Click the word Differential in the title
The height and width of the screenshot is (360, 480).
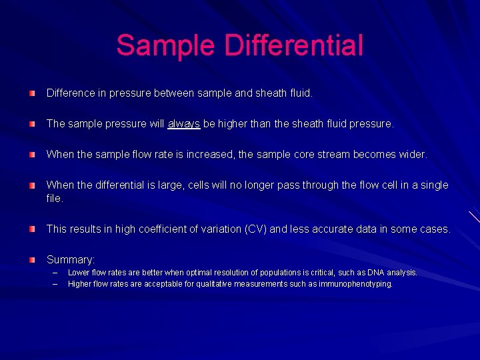(x=294, y=45)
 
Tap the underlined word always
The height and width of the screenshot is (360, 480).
(x=184, y=124)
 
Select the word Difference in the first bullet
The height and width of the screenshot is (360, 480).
(x=70, y=93)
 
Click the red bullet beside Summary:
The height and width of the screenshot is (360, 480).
(x=33, y=260)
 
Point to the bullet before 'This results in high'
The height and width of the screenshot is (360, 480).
(x=33, y=229)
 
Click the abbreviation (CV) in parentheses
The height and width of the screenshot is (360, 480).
(x=255, y=229)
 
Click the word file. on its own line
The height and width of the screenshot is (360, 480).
(x=55, y=199)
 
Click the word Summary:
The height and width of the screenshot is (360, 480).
(x=71, y=260)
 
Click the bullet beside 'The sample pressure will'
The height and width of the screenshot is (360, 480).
(x=33, y=124)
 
